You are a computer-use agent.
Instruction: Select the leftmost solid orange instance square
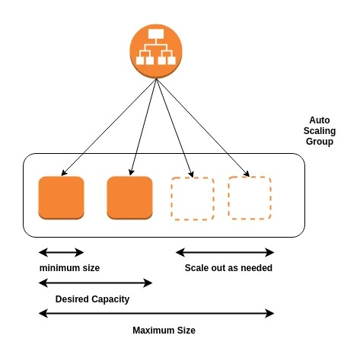point(61,198)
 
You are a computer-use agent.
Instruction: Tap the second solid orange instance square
point(129,198)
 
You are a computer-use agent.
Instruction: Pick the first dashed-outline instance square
point(192,198)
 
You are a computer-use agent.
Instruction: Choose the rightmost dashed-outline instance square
point(250,197)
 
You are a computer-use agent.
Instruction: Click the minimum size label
point(69,268)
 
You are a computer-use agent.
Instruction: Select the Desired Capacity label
point(92,299)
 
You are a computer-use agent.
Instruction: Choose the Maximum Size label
point(164,331)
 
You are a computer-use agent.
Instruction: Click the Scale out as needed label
point(228,268)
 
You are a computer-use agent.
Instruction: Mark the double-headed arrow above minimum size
point(61,252)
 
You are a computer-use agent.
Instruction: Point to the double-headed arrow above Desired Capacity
point(95,283)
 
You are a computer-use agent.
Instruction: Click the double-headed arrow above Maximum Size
point(156,313)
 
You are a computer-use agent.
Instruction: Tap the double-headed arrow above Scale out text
point(225,252)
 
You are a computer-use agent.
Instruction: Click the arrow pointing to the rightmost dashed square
point(202,128)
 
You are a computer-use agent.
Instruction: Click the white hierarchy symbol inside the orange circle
point(155,47)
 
